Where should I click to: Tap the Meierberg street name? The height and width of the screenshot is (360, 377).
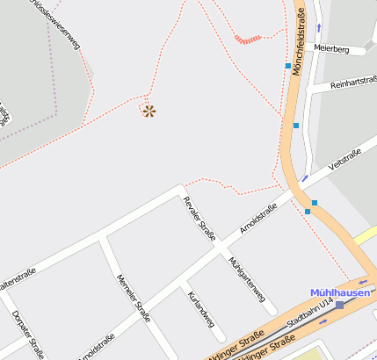pyautogui.click(x=331, y=51)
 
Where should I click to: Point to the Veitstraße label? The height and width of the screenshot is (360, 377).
pyautogui.click(x=344, y=162)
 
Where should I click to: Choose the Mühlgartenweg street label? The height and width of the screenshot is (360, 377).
pyautogui.click(x=247, y=280)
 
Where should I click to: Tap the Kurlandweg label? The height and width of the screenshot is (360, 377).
pyautogui.click(x=201, y=309)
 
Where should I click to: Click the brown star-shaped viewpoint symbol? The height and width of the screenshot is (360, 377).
pyautogui.click(x=149, y=111)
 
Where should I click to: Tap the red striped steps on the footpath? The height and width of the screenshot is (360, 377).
pyautogui.click(x=249, y=39)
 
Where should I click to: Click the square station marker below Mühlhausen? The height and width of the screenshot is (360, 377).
pyautogui.click(x=340, y=305)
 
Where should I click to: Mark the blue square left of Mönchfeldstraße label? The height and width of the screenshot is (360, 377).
pyautogui.click(x=287, y=65)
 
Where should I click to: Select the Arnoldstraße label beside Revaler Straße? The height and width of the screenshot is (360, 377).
pyautogui.click(x=258, y=219)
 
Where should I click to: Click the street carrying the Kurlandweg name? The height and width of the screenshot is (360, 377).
pyautogui.click(x=207, y=316)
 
